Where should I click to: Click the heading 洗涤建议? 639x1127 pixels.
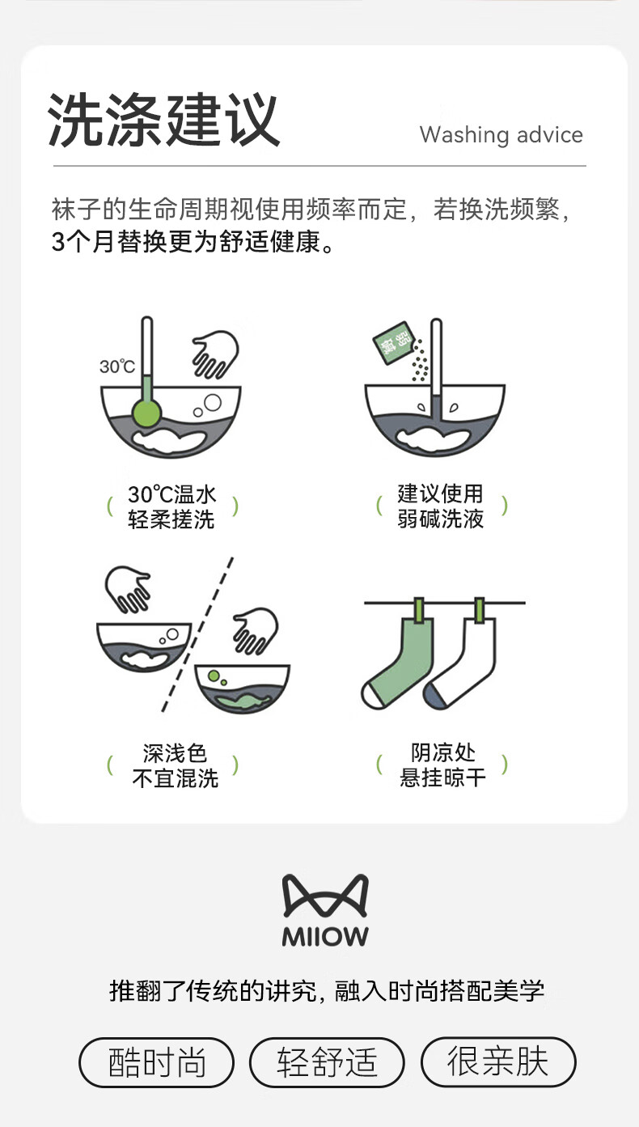click(x=163, y=120)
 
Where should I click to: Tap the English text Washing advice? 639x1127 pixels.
click(x=501, y=135)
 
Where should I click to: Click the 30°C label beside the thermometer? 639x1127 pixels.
click(x=117, y=366)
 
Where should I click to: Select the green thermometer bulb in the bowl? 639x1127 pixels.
click(x=146, y=413)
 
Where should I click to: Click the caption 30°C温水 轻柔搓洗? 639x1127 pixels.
click(x=171, y=506)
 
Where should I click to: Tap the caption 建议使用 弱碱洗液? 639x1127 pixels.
click(x=440, y=506)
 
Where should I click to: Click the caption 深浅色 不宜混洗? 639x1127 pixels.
click(x=175, y=765)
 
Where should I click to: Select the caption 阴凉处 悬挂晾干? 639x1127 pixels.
click(x=442, y=765)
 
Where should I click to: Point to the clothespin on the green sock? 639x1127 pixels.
click(x=419, y=609)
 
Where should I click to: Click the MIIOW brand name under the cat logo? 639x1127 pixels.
click(x=325, y=937)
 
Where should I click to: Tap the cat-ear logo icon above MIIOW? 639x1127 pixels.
click(x=325, y=896)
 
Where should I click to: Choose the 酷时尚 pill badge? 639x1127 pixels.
click(x=156, y=1062)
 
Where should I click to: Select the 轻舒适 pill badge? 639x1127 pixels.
click(x=327, y=1062)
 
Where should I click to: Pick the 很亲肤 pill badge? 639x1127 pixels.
click(x=498, y=1061)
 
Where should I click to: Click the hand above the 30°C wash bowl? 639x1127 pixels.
click(x=215, y=354)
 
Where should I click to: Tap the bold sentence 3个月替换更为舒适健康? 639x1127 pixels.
click(x=193, y=242)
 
